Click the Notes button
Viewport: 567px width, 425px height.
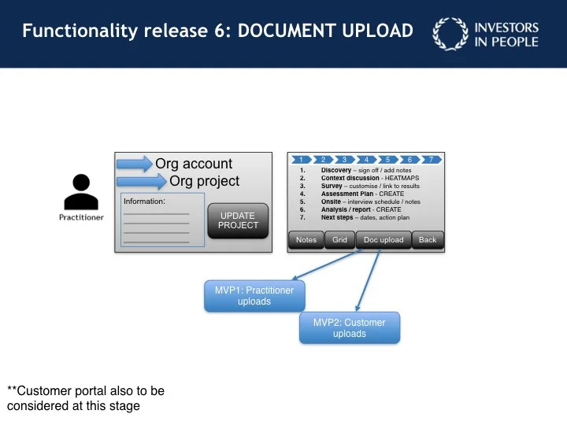[x=306, y=240]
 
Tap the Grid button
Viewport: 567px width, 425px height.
[x=339, y=240]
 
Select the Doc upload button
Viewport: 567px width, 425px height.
[x=384, y=240]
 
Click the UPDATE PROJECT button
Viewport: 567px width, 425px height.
[x=237, y=220]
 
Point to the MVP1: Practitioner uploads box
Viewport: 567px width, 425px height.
[x=254, y=296]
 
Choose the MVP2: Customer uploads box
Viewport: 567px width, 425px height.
[x=349, y=327]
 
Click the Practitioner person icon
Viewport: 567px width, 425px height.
[x=81, y=192]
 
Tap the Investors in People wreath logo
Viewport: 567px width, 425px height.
[x=450, y=35]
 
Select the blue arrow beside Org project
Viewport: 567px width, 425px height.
[x=142, y=182]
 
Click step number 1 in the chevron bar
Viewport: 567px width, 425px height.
[x=301, y=160]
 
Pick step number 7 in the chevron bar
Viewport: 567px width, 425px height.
[x=430, y=160]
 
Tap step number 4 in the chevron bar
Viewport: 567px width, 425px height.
[x=365, y=160]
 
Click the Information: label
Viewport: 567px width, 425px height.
[x=144, y=201]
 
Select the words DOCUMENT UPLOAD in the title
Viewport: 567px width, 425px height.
[x=325, y=31]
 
